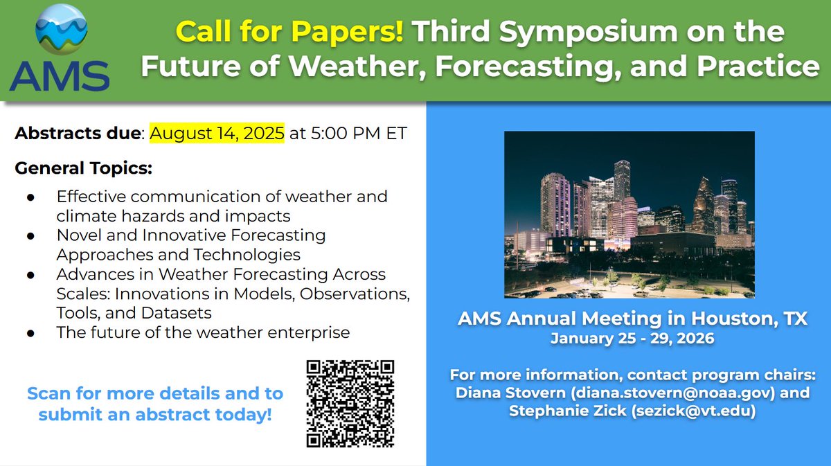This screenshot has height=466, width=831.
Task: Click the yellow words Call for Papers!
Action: [x=289, y=31]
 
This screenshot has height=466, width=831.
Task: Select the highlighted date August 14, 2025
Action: [x=217, y=133]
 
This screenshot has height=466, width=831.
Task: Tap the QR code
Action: [x=350, y=403]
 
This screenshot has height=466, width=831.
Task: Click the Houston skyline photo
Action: [x=629, y=215]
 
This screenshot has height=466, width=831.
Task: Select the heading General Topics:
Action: [x=83, y=168]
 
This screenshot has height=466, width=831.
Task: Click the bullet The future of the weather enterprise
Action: [x=203, y=332]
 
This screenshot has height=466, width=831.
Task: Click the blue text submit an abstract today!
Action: [x=154, y=415]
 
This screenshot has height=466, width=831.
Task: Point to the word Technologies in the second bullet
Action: [x=251, y=254]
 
